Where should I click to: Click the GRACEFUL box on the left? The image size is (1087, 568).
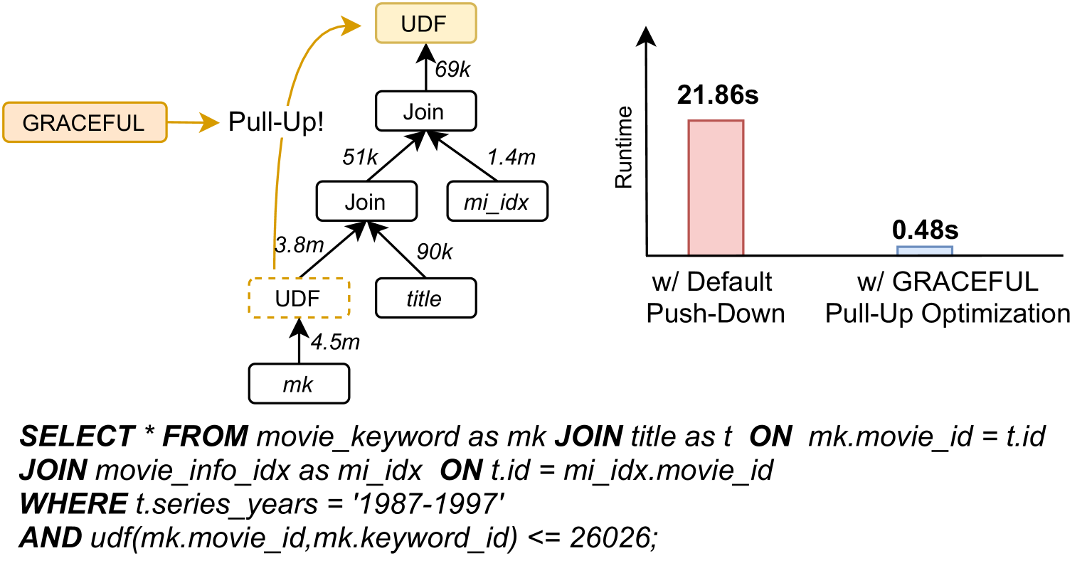[x=84, y=122]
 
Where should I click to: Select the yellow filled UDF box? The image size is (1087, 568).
[x=425, y=24]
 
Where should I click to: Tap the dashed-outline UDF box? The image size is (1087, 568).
[x=298, y=299]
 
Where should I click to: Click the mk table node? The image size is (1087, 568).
[x=298, y=385]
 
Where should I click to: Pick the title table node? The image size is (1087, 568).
[x=425, y=299]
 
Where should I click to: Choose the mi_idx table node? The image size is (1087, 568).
[x=497, y=203]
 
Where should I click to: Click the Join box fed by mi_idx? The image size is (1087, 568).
[x=425, y=112]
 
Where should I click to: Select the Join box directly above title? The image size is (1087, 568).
[x=366, y=203]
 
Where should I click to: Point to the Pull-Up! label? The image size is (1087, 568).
[x=275, y=122]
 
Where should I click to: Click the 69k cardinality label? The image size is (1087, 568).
[x=452, y=70]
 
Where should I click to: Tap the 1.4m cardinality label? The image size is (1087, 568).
[x=511, y=157]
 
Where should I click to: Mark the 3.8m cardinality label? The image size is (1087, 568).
[x=299, y=245]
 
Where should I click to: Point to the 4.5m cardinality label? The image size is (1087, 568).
[x=335, y=343]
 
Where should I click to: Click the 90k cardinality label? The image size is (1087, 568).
[x=434, y=252]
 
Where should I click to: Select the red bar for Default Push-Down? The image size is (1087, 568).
[x=715, y=188]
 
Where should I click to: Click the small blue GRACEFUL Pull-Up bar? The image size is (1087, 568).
[x=924, y=250]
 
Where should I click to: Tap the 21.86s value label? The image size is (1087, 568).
[x=717, y=95]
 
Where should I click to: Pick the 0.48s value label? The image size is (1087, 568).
[x=925, y=230]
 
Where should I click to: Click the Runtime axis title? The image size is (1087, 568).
[x=624, y=147]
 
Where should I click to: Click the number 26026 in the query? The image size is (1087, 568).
[x=610, y=538]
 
